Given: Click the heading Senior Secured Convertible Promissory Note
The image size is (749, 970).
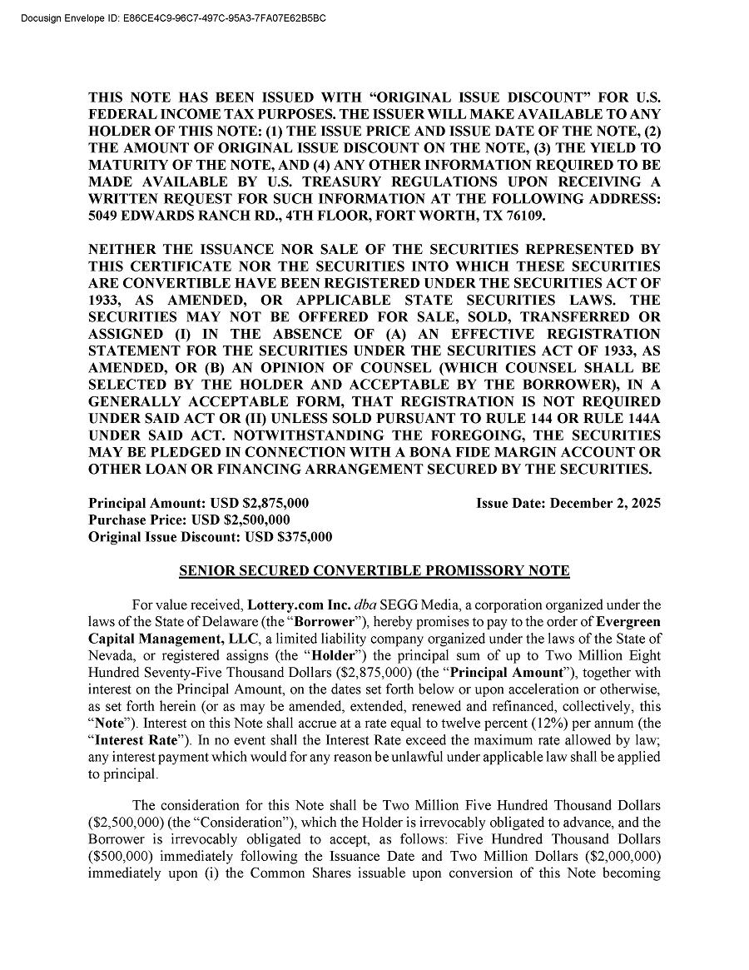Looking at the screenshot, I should (374, 571).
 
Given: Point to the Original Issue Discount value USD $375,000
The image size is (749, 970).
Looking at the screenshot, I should (288, 537).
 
